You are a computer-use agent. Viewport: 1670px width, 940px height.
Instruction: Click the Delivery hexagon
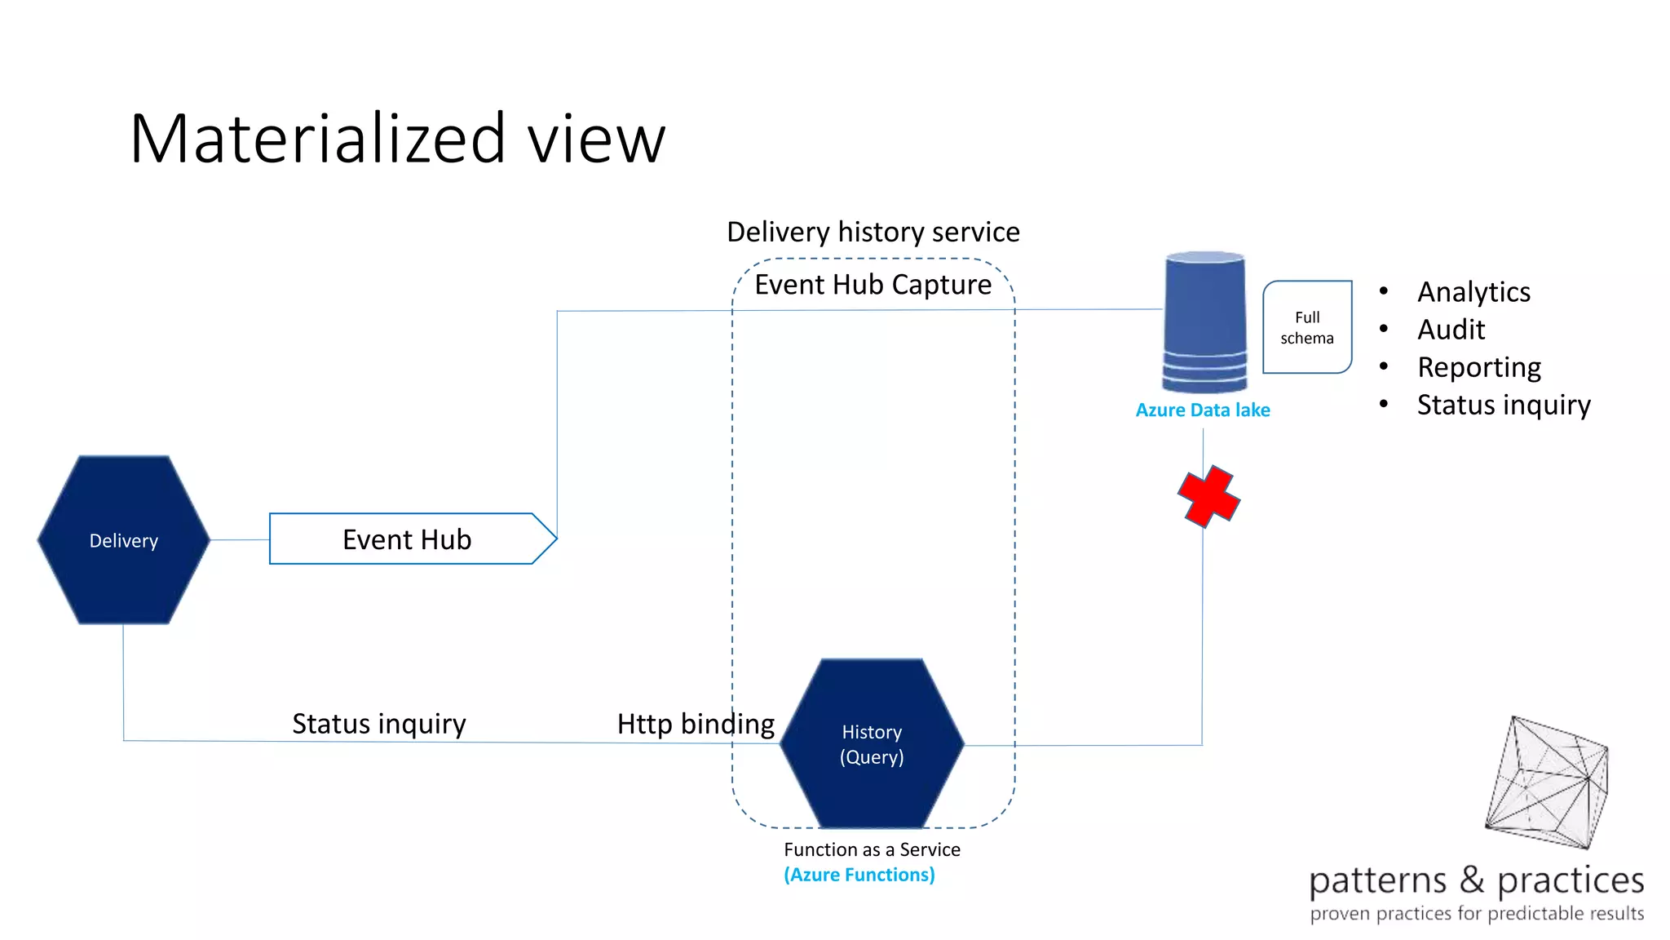(124, 540)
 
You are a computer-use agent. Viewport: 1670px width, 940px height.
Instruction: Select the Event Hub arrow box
(408, 539)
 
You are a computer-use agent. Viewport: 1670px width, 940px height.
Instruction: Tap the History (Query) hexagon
(872, 743)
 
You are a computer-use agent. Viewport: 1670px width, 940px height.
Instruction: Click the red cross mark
(1208, 496)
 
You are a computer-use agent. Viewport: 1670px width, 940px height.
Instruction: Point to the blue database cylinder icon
(1204, 321)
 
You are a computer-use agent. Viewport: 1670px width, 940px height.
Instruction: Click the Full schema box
(1307, 327)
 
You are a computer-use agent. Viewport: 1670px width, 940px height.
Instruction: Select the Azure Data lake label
(1203, 410)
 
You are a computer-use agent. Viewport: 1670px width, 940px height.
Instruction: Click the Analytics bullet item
(1473, 292)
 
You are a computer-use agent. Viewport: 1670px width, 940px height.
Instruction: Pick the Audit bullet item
(1451, 330)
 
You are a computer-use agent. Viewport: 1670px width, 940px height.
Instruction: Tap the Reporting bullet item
(1479, 367)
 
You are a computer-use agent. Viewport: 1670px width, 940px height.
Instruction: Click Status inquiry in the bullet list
(1504, 405)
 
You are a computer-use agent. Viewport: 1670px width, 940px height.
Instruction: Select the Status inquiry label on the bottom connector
(379, 724)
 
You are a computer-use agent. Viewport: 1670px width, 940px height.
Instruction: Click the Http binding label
(696, 724)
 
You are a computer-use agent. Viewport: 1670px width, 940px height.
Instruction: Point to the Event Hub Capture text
(873, 285)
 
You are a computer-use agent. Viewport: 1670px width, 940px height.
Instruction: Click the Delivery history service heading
(873, 233)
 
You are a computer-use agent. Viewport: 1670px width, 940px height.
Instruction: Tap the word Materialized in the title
(318, 139)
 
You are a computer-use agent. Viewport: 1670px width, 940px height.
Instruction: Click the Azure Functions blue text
(859, 875)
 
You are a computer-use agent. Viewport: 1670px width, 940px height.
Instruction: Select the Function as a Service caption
(872, 849)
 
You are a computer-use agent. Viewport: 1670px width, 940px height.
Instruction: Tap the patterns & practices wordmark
(1476, 880)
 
